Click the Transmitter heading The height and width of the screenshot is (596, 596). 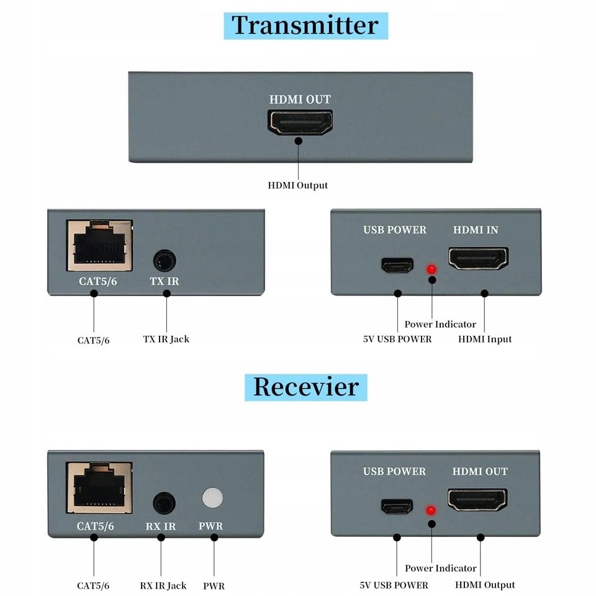tap(305, 25)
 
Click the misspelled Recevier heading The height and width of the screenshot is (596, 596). tap(305, 387)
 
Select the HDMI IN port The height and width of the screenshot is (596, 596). tap(478, 258)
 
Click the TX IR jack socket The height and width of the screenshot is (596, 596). tap(165, 261)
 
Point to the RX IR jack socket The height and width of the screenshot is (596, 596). tap(163, 502)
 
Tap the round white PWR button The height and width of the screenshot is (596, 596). tap(212, 498)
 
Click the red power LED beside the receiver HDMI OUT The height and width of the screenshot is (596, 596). tap(429, 511)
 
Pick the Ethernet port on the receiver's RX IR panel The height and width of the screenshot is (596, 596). tap(99, 487)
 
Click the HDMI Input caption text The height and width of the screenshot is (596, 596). tap(485, 339)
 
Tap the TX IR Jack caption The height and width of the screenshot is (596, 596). tap(166, 339)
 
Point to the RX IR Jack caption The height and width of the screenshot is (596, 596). tap(163, 585)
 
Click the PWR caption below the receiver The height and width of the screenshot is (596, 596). tap(214, 585)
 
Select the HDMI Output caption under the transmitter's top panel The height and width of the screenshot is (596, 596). tap(297, 185)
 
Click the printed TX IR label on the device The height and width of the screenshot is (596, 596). tap(165, 281)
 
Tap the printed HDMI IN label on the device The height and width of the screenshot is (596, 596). tap(476, 230)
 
